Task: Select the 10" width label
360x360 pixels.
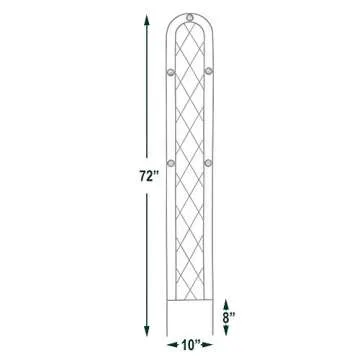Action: pos(189,347)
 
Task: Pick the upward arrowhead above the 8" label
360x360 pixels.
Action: pos(228,298)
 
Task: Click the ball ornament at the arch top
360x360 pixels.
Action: pos(189,18)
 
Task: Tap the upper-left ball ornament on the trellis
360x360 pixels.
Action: pos(169,71)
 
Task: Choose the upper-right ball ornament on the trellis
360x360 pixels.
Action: pos(208,71)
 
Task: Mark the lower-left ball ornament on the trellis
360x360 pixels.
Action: pos(169,159)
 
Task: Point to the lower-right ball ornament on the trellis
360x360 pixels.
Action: pos(208,159)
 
